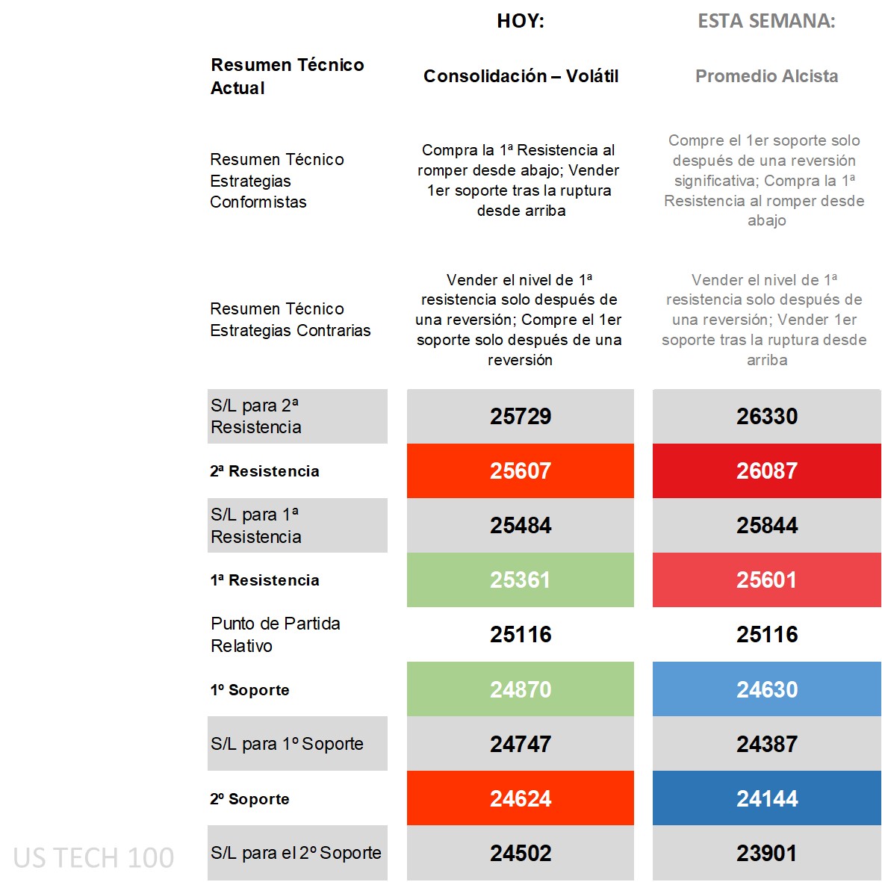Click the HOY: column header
pyautogui.click(x=521, y=21)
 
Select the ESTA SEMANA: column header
pyautogui.click(x=766, y=21)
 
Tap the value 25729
pyautogui.click(x=521, y=416)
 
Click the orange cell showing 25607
pyautogui.click(x=521, y=470)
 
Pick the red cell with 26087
pyautogui.click(x=767, y=470)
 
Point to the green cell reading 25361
pyautogui.click(x=521, y=580)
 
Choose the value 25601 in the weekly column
pyautogui.click(x=767, y=580)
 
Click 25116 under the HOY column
pyautogui.click(x=521, y=634)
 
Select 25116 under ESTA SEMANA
pyautogui.click(x=767, y=634)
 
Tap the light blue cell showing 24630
pyautogui.click(x=767, y=689)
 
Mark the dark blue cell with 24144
pyautogui.click(x=767, y=798)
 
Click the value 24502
pyautogui.click(x=521, y=853)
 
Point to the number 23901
pyautogui.click(x=767, y=853)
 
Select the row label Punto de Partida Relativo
pyautogui.click(x=275, y=634)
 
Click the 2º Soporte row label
pyautogui.click(x=249, y=798)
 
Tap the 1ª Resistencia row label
pyautogui.click(x=264, y=580)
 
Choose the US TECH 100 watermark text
pyautogui.click(x=93, y=857)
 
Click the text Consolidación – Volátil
pyautogui.click(x=521, y=76)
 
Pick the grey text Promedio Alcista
pyautogui.click(x=766, y=76)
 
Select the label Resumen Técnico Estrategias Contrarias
pyautogui.click(x=290, y=319)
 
